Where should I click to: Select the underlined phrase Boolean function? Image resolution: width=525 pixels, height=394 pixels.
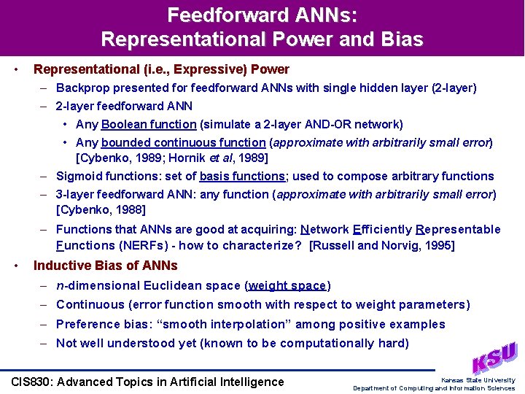click(149, 124)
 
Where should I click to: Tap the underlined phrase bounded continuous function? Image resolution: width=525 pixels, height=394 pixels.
click(183, 142)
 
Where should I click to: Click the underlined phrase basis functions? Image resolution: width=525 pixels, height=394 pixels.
click(242, 176)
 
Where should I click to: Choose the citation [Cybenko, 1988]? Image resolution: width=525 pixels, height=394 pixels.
click(101, 210)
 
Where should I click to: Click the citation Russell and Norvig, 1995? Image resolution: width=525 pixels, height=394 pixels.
click(382, 245)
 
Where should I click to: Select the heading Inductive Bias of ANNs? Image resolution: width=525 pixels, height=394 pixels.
click(106, 266)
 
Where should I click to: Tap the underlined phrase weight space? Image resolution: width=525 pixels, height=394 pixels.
click(288, 285)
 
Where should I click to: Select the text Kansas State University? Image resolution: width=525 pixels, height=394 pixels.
click(478, 380)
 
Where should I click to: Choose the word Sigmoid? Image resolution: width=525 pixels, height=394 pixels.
click(79, 176)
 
